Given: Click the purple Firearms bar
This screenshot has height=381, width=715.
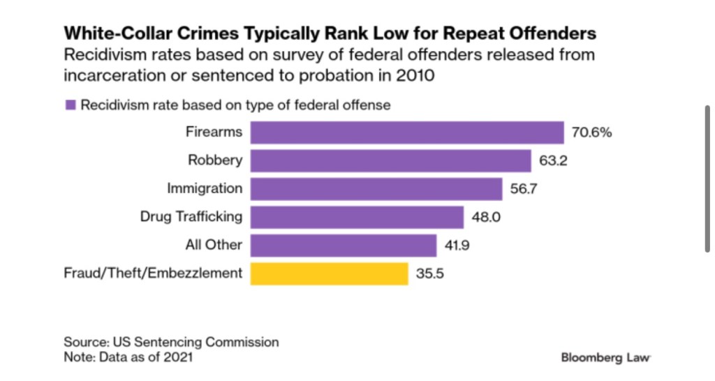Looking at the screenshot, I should [x=407, y=133].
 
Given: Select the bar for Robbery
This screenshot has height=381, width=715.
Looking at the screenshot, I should [x=391, y=160].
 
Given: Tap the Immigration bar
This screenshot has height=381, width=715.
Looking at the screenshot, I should [x=376, y=188].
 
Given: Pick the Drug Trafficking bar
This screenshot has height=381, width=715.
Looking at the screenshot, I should [x=357, y=216].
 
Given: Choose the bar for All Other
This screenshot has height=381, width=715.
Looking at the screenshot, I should [x=344, y=245].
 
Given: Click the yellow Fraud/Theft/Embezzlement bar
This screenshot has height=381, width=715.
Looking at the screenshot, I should [x=329, y=273].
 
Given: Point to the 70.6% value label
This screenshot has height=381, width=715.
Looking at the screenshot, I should [x=592, y=133].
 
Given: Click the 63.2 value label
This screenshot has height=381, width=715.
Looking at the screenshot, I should [x=554, y=160].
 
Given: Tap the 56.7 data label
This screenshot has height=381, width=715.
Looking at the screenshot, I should [x=524, y=188].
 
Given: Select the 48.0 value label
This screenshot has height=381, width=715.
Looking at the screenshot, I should [x=487, y=216].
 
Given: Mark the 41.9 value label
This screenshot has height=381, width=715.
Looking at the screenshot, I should [x=459, y=245].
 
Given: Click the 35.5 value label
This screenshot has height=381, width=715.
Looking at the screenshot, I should [x=431, y=273].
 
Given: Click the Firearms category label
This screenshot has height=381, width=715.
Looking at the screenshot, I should [x=214, y=132].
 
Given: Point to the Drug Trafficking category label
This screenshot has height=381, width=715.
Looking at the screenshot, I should [x=191, y=216].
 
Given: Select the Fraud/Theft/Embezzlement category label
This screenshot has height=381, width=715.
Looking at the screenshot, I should [x=153, y=273].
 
